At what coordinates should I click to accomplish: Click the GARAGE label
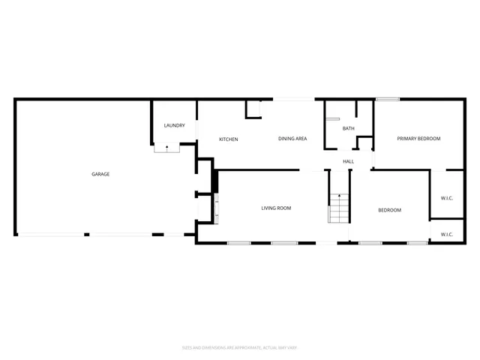tap(100, 174)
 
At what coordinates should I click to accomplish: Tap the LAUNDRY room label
tap(175, 125)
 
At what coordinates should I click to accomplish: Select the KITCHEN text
tap(228, 139)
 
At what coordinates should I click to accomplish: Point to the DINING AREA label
tap(292, 139)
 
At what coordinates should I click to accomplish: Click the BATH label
tap(349, 128)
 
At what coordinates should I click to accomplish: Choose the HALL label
tap(349, 161)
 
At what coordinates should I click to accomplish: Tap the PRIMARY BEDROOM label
tap(418, 139)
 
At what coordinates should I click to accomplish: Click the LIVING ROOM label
tap(276, 208)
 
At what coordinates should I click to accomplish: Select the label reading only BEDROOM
tap(389, 210)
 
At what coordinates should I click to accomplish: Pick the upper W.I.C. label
tap(447, 198)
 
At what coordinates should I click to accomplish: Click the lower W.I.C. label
tap(447, 234)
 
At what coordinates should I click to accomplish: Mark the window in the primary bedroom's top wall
tap(387, 99)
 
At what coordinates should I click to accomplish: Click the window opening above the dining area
tap(293, 99)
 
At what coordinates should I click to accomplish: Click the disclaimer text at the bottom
tap(240, 347)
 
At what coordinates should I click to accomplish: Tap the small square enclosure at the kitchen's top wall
tap(253, 109)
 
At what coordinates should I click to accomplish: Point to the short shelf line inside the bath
tap(333, 119)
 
